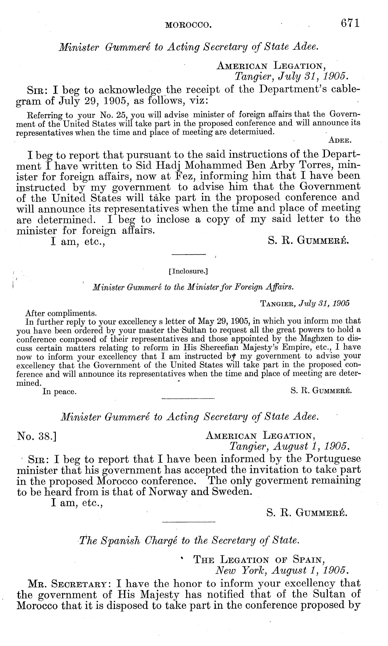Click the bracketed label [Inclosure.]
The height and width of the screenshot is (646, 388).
click(188, 272)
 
